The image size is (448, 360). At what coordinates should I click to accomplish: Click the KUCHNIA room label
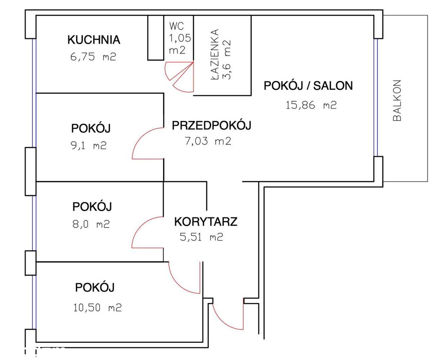[x=94, y=40]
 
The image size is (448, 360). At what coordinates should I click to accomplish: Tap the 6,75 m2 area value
[x=93, y=57]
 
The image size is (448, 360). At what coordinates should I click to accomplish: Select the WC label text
[x=176, y=26]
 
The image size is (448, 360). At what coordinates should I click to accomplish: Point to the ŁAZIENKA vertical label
[x=215, y=54]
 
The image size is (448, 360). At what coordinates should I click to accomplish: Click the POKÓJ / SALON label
[x=308, y=86]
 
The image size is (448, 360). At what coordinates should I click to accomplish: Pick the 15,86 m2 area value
[x=311, y=105]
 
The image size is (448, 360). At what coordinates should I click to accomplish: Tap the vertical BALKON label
[x=397, y=100]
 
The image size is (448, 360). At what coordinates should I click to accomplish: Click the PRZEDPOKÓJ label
[x=211, y=125]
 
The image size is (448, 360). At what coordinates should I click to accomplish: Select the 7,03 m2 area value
[x=208, y=141]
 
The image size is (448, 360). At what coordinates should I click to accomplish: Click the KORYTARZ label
[x=205, y=222]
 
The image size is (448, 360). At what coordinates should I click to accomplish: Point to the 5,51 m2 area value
[x=201, y=237]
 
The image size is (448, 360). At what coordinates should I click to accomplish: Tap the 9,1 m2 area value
[x=89, y=146]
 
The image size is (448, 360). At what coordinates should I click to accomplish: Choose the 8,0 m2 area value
[x=91, y=224]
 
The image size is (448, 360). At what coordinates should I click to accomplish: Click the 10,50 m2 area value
[x=97, y=308]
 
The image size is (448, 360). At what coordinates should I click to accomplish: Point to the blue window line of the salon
[x=375, y=97]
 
